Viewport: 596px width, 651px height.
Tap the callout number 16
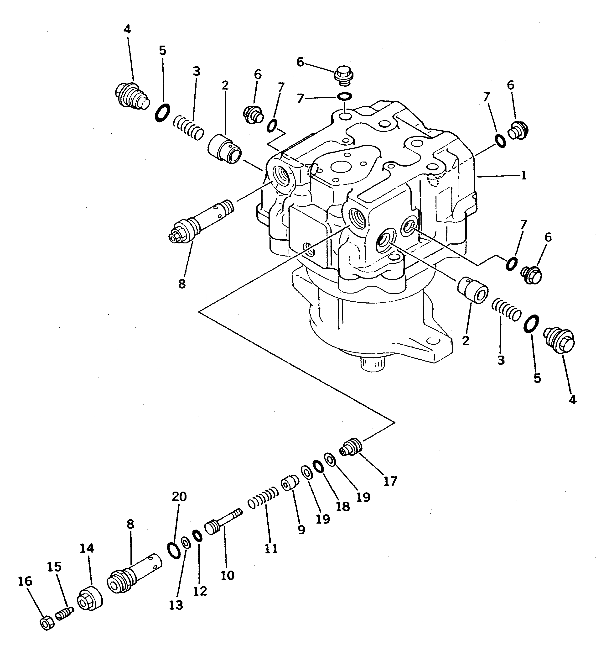click(x=25, y=581)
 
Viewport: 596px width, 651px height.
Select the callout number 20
click(x=179, y=496)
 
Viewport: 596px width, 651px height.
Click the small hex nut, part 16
click(x=47, y=621)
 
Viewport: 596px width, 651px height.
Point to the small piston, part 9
click(x=290, y=483)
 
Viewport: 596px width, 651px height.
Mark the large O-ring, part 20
click(x=174, y=550)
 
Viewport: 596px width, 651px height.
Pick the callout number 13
click(x=176, y=605)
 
